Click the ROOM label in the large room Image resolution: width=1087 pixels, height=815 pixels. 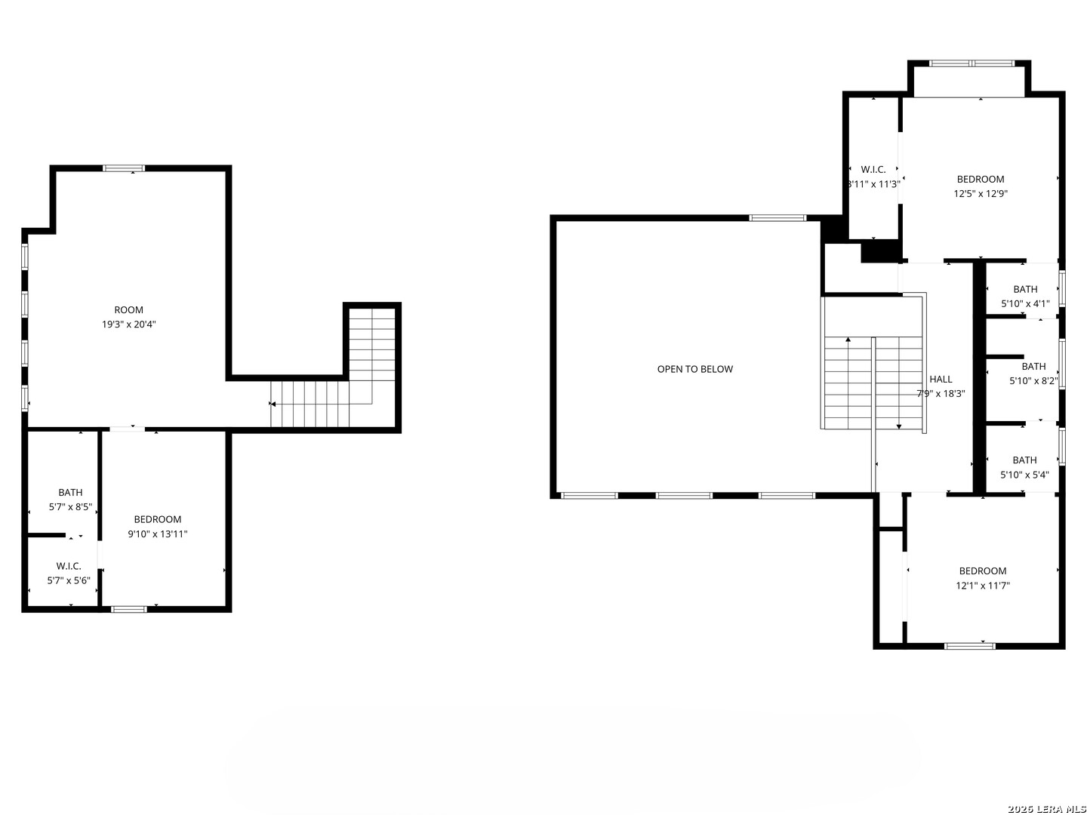128,310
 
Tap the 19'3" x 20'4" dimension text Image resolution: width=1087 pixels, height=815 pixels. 128,324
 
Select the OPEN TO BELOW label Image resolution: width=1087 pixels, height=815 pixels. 694,369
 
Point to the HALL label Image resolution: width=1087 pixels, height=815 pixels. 941,380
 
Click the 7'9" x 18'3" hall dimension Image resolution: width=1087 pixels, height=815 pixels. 941,393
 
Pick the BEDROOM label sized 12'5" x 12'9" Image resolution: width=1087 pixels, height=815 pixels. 981,180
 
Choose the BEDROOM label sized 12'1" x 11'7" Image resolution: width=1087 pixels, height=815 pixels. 983,571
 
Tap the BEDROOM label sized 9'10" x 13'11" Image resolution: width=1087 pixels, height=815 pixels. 158,519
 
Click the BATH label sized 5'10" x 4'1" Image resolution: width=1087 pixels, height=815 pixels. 1025,290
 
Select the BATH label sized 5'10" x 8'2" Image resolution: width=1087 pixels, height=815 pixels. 1033,367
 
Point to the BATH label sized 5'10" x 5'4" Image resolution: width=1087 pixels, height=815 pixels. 1024,460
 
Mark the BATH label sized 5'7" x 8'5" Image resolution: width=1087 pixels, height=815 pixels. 70,493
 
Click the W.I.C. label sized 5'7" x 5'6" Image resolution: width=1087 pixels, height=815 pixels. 69,566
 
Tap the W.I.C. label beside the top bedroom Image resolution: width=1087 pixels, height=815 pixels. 873,170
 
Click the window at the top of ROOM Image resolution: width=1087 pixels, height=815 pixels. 124,168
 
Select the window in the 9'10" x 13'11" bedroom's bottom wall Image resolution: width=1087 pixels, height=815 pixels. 129,609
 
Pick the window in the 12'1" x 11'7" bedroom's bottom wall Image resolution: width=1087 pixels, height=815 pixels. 970,646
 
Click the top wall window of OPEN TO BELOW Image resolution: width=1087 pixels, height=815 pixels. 778,218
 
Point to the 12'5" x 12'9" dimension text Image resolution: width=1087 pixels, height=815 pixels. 981,193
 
